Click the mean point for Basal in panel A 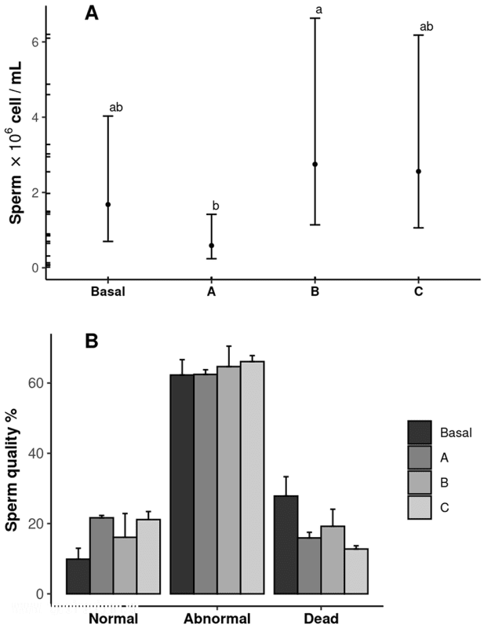[108, 205]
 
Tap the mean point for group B [315, 164]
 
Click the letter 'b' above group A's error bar [216, 206]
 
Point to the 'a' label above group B [318, 10]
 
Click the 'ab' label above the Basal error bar [115, 107]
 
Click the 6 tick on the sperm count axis [35, 42]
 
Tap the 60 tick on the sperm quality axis [36, 383]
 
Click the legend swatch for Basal [420, 432]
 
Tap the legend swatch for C [420, 507]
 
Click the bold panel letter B [91, 343]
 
